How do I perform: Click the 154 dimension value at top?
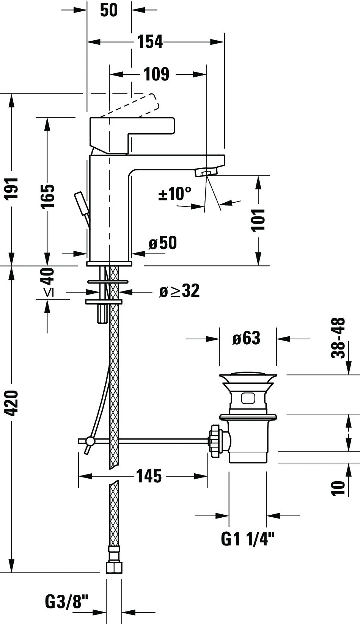[x=149, y=42]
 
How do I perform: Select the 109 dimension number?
[x=156, y=74]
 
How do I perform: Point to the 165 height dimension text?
[x=47, y=196]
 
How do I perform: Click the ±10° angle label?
[x=174, y=194]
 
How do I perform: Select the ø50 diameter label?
[x=162, y=243]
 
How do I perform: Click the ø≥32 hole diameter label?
[x=179, y=291]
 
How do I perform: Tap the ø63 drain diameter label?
[x=247, y=338]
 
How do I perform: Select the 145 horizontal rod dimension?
[x=149, y=476]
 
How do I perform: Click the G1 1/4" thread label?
[x=247, y=539]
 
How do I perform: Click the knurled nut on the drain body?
[x=215, y=441]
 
